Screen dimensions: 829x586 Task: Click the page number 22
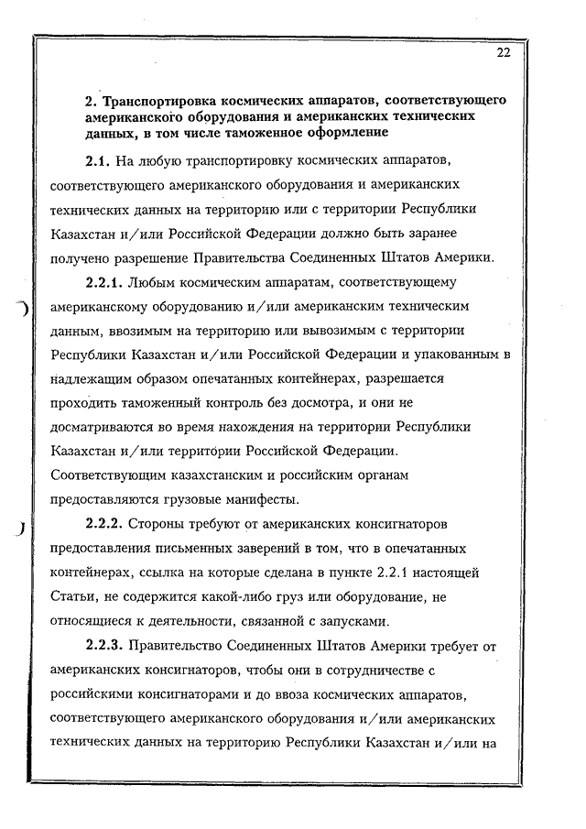[504, 52]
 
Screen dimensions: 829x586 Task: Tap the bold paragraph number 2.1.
[97, 162]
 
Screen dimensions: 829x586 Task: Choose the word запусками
[399, 620]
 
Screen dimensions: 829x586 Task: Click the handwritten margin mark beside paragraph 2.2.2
[18, 529]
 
